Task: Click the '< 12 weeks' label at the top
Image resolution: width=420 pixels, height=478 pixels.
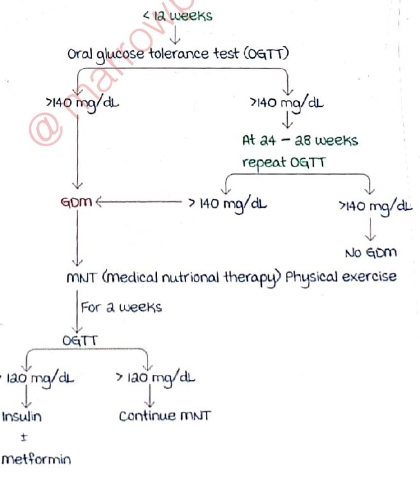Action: tap(177, 15)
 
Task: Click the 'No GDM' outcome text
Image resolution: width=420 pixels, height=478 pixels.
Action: tap(370, 253)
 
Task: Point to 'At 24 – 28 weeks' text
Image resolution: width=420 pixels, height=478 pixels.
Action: tap(300, 139)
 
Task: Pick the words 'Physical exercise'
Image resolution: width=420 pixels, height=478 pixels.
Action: tap(342, 277)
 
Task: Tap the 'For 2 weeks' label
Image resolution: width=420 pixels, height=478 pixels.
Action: tap(121, 307)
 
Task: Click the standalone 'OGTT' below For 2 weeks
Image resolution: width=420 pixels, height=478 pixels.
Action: tap(80, 341)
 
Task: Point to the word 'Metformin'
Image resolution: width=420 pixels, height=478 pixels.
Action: tap(36, 459)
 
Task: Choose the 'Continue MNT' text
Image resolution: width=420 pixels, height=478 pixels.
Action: tap(165, 416)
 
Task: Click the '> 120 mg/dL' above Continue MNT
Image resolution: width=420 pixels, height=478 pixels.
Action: tap(155, 378)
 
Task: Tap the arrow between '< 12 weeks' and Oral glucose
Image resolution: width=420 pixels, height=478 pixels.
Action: tap(176, 33)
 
